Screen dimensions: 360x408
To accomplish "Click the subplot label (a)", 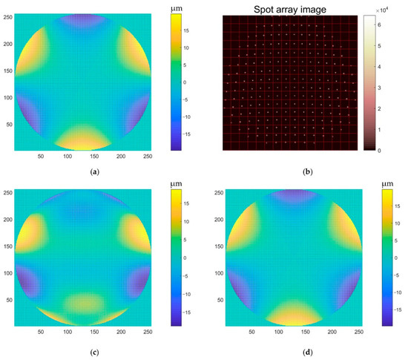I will click(x=93, y=171).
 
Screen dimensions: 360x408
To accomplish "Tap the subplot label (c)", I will click(x=93, y=353).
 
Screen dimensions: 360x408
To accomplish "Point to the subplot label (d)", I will click(x=297, y=353).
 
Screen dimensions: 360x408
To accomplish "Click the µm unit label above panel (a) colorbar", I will click(x=177, y=7).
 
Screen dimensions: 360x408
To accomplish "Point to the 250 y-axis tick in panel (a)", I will click(x=8, y=16).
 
